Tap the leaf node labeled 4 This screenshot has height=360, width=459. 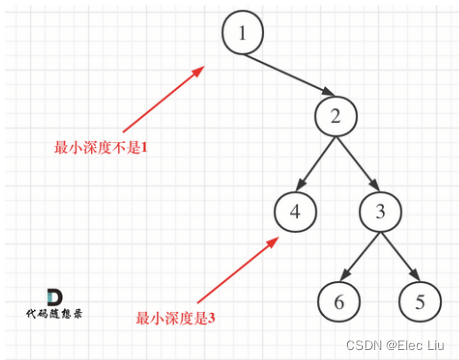point(294,213)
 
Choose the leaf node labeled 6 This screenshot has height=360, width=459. point(338,300)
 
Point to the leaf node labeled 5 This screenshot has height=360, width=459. point(421,300)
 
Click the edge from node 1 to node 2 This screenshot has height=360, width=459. point(290,76)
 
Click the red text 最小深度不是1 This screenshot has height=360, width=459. point(100,148)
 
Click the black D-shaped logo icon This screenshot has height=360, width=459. point(54,296)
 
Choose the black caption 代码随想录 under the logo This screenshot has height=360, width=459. point(54,313)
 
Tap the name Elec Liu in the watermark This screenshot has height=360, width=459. point(423,345)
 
